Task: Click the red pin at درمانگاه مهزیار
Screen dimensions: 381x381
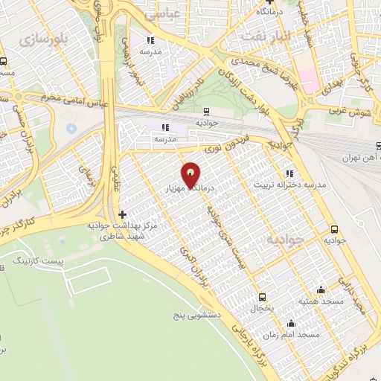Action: (192, 174)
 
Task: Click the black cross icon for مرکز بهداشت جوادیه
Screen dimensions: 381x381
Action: (123, 214)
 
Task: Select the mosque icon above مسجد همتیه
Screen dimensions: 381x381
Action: (321, 289)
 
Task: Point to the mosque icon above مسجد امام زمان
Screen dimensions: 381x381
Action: (291, 324)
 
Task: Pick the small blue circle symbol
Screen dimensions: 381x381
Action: (71, 128)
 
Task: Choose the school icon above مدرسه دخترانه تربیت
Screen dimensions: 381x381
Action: (289, 173)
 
